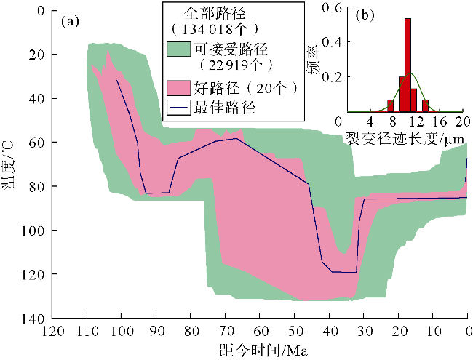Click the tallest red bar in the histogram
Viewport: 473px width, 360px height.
pyautogui.click(x=408, y=65)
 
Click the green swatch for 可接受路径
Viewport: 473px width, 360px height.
pyautogui.click(x=178, y=49)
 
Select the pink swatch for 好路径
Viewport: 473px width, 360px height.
pyautogui.click(x=178, y=89)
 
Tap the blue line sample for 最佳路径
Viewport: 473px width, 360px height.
pyautogui.click(x=178, y=108)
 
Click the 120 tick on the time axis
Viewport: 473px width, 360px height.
pyautogui.click(x=52, y=331)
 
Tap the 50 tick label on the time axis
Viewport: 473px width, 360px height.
pyautogui.click(x=294, y=331)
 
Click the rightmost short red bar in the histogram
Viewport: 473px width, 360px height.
pyautogui.click(x=425, y=105)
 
